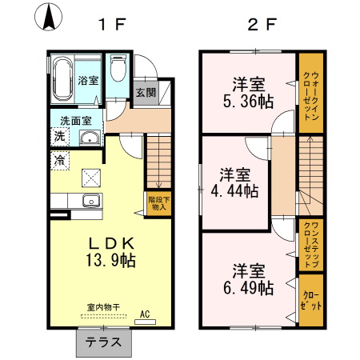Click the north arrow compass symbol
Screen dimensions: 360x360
point(49,17)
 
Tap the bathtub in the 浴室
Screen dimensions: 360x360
point(63,79)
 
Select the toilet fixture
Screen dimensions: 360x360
point(118,68)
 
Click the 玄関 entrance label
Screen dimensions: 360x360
point(146,93)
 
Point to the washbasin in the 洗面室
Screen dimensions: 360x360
point(90,138)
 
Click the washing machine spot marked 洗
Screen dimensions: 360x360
point(60,137)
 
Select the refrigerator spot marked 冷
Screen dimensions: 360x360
point(60,161)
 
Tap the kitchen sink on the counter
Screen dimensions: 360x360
point(91,201)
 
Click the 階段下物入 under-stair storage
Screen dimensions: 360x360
point(159,203)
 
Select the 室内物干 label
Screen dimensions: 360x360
point(103,307)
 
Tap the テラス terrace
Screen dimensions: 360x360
point(104,342)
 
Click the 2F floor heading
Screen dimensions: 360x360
point(262,25)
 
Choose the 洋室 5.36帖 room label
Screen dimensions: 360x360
point(249,93)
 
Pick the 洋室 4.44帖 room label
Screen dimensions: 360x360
point(234,183)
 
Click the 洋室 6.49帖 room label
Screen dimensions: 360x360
point(249,279)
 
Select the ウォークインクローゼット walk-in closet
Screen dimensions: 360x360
point(311,93)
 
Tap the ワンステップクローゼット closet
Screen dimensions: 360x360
point(311,245)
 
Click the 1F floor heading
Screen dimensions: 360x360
point(112,25)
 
